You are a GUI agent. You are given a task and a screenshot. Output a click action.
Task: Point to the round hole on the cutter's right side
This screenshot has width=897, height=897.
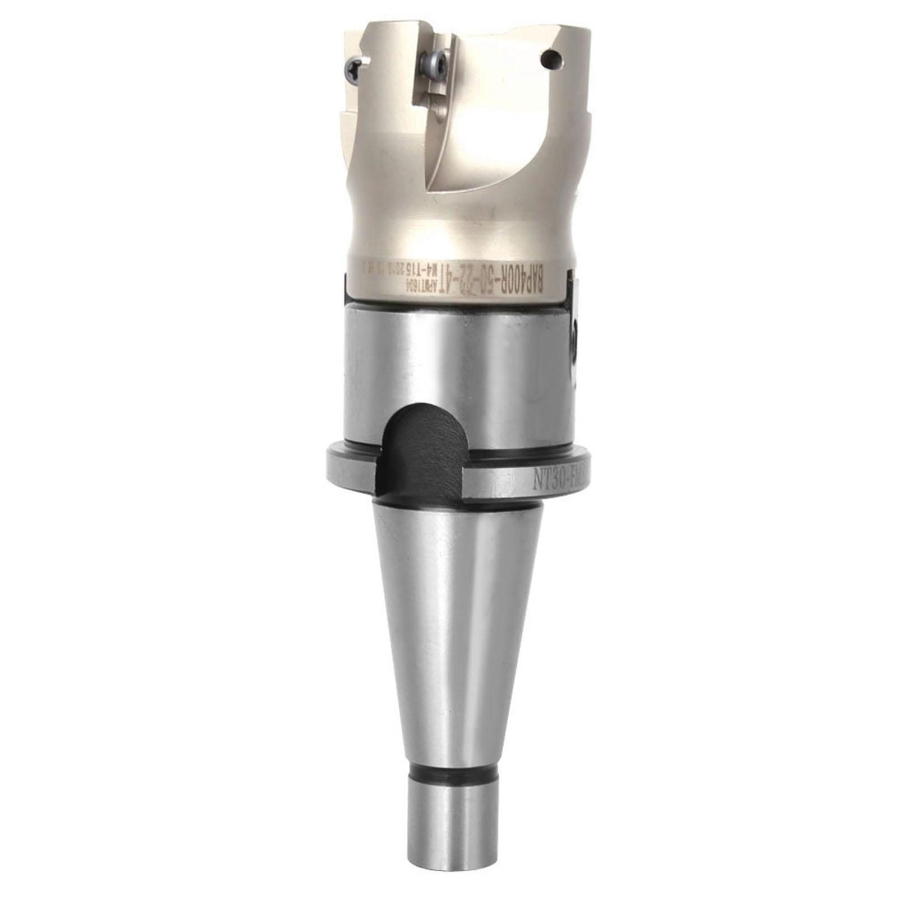pyautogui.click(x=551, y=57)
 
